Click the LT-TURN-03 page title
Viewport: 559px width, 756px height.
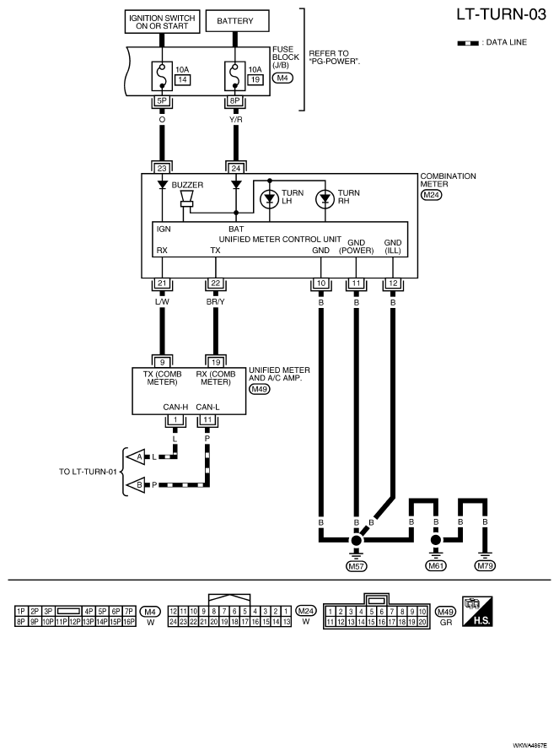[x=501, y=14]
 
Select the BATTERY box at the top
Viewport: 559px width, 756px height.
[x=237, y=21]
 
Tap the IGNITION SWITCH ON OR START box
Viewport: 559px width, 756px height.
[x=163, y=22]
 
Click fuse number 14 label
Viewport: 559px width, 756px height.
[x=182, y=79]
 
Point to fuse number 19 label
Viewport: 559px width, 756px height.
[x=255, y=79]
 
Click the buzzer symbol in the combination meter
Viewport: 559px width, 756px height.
[x=186, y=199]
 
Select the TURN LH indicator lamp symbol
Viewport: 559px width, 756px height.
[x=270, y=199]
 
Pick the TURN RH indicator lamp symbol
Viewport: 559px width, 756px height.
[x=325, y=199]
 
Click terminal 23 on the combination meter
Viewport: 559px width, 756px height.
[x=162, y=168]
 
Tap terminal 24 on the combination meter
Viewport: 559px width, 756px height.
[x=235, y=168]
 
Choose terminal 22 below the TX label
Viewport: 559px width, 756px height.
[x=215, y=283]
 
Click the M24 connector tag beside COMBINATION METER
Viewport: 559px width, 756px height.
[x=432, y=195]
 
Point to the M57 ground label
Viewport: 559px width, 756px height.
[x=356, y=566]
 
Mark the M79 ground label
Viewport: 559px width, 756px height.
[x=485, y=566]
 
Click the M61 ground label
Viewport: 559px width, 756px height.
[x=436, y=566]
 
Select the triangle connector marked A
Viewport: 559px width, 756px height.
[x=137, y=456]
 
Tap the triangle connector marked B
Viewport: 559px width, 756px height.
[x=137, y=484]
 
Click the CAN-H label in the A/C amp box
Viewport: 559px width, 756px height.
[x=175, y=407]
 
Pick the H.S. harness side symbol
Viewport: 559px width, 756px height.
[x=477, y=612]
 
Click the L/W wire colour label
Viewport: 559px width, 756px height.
[x=162, y=302]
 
